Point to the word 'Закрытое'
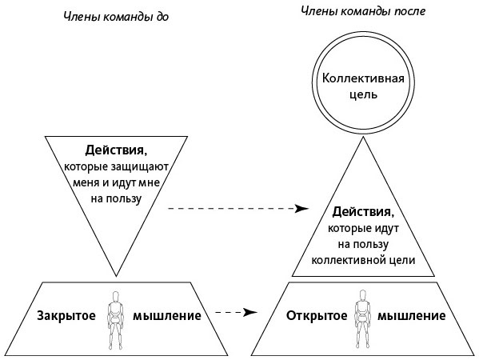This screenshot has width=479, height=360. (x=66, y=315)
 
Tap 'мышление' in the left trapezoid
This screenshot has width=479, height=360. (x=167, y=315)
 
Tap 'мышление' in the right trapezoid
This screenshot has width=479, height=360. (x=413, y=315)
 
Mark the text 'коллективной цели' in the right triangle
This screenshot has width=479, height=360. (x=364, y=260)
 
